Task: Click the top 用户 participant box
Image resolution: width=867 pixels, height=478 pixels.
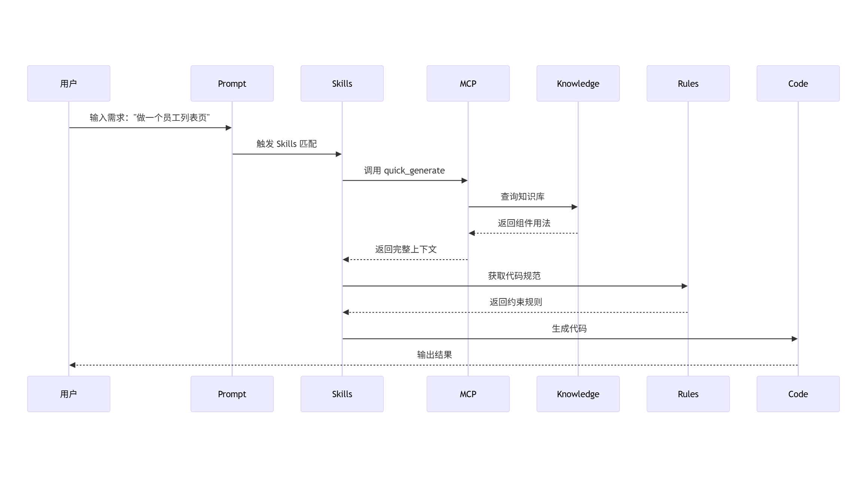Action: click(69, 83)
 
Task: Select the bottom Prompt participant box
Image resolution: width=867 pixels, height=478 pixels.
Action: click(232, 394)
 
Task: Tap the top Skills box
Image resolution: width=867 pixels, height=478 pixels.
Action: click(342, 83)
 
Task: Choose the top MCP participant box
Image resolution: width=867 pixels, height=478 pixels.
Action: click(468, 83)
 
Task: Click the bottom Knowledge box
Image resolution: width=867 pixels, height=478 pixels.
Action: click(578, 394)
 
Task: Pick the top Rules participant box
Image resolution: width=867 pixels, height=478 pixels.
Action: click(688, 83)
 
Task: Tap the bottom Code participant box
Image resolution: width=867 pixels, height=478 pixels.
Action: click(798, 394)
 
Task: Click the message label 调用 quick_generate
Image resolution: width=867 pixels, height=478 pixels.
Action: click(404, 171)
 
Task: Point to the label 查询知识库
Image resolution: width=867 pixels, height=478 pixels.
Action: click(523, 197)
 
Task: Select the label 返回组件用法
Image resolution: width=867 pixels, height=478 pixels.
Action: click(524, 223)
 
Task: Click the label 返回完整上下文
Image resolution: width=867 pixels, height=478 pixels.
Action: click(406, 249)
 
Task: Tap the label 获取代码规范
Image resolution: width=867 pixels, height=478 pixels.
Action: click(514, 276)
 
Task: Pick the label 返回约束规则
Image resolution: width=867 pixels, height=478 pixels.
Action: click(515, 302)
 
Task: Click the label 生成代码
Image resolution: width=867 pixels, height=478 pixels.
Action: click(569, 329)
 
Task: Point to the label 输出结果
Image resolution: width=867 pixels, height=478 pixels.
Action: click(434, 355)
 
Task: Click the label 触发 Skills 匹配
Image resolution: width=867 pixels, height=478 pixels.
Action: click(286, 144)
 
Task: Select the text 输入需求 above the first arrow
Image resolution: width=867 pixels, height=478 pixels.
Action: click(107, 118)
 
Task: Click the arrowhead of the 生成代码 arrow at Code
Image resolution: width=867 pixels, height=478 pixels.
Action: click(794, 339)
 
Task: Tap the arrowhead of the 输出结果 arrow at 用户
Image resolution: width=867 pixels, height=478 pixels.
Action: click(73, 365)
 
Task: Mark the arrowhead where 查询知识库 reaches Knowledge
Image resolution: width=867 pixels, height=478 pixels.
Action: click(575, 207)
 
